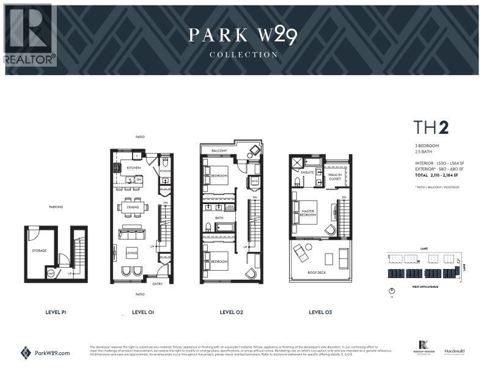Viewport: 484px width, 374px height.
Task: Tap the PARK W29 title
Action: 243,35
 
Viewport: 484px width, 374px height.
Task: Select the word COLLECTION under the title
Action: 243,54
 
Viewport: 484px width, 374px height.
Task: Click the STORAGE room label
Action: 39,250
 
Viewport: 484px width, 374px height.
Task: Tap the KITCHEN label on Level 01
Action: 134,167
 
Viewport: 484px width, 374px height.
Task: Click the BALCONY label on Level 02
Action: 219,150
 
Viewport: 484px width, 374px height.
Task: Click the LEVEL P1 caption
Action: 56,312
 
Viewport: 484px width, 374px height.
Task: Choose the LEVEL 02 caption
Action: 232,312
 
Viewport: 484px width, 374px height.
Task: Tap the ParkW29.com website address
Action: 53,353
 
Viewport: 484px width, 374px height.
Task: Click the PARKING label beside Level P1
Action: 56,207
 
